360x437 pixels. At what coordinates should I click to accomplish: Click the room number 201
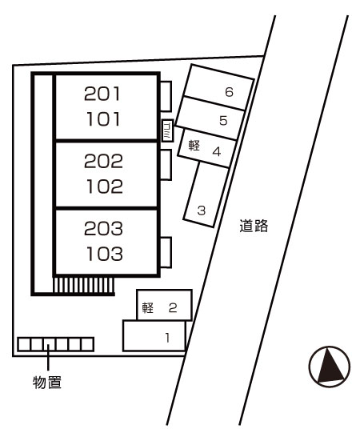(x=102, y=94)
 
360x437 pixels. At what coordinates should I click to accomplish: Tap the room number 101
(x=103, y=118)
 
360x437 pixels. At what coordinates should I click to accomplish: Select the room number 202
(x=103, y=161)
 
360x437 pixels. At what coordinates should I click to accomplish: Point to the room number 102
(x=105, y=186)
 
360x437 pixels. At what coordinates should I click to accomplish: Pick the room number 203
(x=103, y=228)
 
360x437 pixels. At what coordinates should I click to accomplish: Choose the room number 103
(x=105, y=254)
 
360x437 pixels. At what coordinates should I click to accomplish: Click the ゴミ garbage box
(x=168, y=130)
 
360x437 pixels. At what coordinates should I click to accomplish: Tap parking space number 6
(x=229, y=92)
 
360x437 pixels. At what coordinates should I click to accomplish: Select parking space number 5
(x=223, y=120)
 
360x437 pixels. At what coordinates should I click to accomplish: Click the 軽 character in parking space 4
(x=194, y=145)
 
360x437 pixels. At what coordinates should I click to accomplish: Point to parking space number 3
(x=202, y=210)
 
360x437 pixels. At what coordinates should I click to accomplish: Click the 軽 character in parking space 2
(x=148, y=307)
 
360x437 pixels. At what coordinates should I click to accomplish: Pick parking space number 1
(x=167, y=338)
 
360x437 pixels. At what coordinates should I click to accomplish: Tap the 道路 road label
(x=254, y=226)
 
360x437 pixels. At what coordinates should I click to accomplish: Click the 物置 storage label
(x=47, y=382)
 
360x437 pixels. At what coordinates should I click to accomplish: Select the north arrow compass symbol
(x=330, y=367)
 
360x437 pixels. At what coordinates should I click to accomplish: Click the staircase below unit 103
(x=83, y=285)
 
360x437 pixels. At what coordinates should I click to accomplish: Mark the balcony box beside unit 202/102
(x=166, y=165)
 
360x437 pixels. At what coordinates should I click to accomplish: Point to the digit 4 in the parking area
(x=217, y=151)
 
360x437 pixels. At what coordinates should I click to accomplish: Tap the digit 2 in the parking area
(x=173, y=307)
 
